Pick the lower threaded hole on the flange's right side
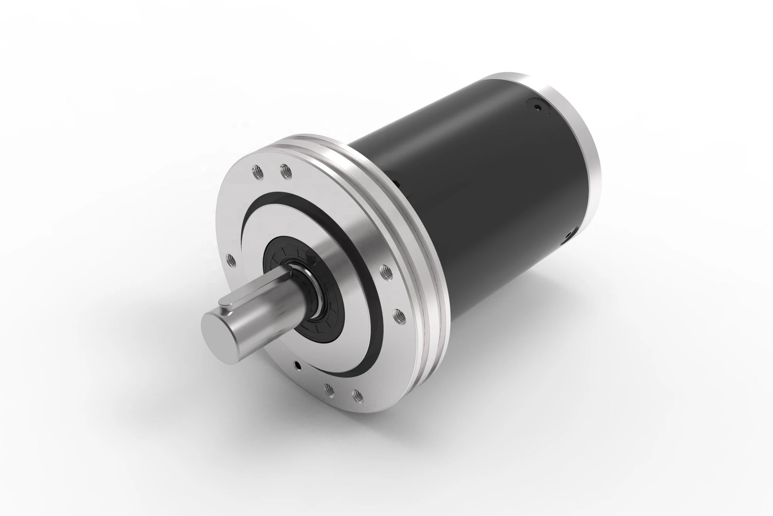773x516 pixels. pyautogui.click(x=397, y=317)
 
